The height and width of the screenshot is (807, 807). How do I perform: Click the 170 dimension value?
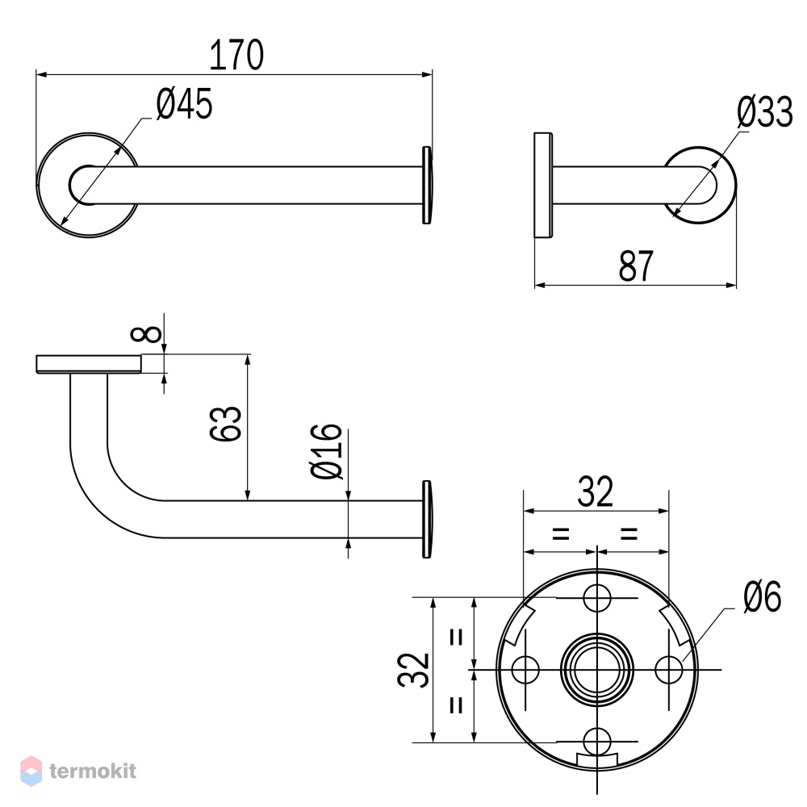(x=236, y=55)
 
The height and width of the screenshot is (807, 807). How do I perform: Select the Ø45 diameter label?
(x=184, y=104)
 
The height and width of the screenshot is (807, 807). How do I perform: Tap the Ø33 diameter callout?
(x=765, y=111)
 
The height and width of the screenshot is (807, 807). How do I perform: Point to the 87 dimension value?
(x=636, y=266)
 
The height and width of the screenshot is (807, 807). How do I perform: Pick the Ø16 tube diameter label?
(x=326, y=451)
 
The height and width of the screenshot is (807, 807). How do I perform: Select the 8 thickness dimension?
(x=146, y=334)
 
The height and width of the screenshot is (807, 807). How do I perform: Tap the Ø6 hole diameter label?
(x=763, y=596)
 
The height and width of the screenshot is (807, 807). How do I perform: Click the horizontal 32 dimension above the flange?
(x=596, y=491)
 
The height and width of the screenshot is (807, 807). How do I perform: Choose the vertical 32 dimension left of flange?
(x=413, y=670)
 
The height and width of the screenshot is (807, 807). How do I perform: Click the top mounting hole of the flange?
(x=596, y=598)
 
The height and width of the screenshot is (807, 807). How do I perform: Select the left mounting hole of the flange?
(x=525, y=670)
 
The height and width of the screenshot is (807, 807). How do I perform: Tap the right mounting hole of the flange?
(x=668, y=670)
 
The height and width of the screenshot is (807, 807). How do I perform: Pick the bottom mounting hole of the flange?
(x=597, y=742)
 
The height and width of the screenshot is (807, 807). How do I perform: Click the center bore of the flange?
(x=597, y=670)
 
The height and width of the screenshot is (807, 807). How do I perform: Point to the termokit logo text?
(x=93, y=771)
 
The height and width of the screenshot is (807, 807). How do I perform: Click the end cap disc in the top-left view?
(x=427, y=186)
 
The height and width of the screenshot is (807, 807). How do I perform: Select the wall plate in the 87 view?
(x=543, y=186)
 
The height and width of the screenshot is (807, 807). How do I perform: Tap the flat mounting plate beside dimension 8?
(x=89, y=364)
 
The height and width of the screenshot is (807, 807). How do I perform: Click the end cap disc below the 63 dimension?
(x=427, y=519)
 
